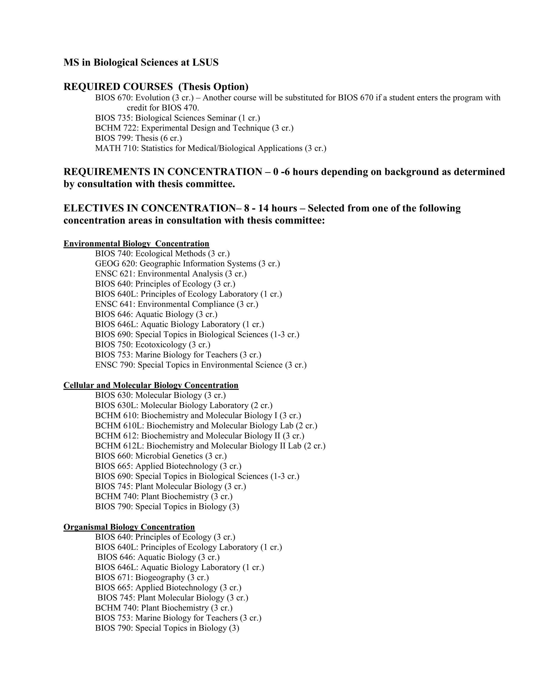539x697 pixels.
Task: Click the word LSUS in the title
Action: click(x=205, y=63)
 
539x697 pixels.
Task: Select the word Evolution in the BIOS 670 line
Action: click(x=152, y=98)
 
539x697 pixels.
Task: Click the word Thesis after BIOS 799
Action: click(x=147, y=138)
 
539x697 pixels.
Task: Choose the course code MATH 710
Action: click(x=115, y=148)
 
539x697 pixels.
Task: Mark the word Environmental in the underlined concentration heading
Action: click(x=92, y=244)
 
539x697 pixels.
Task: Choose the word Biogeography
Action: click(x=160, y=578)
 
